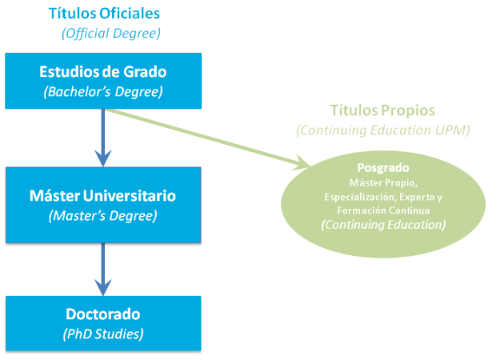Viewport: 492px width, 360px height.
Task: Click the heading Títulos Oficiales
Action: click(103, 14)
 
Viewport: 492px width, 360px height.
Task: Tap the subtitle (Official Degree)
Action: click(111, 33)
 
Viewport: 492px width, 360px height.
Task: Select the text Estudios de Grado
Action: click(102, 72)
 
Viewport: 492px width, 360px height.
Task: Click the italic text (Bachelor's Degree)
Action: click(102, 91)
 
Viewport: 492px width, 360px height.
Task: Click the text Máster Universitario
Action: click(102, 195)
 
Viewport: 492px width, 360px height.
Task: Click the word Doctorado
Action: click(102, 314)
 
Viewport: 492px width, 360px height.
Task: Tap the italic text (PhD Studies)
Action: click(102, 332)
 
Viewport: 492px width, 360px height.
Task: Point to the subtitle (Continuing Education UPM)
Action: click(382, 130)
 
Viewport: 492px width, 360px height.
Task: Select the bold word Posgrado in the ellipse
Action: click(382, 168)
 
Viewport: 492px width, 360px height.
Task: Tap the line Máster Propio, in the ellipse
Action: click(382, 182)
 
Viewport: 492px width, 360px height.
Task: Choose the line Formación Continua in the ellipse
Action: click(382, 210)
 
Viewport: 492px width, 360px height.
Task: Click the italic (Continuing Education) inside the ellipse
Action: click(382, 226)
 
